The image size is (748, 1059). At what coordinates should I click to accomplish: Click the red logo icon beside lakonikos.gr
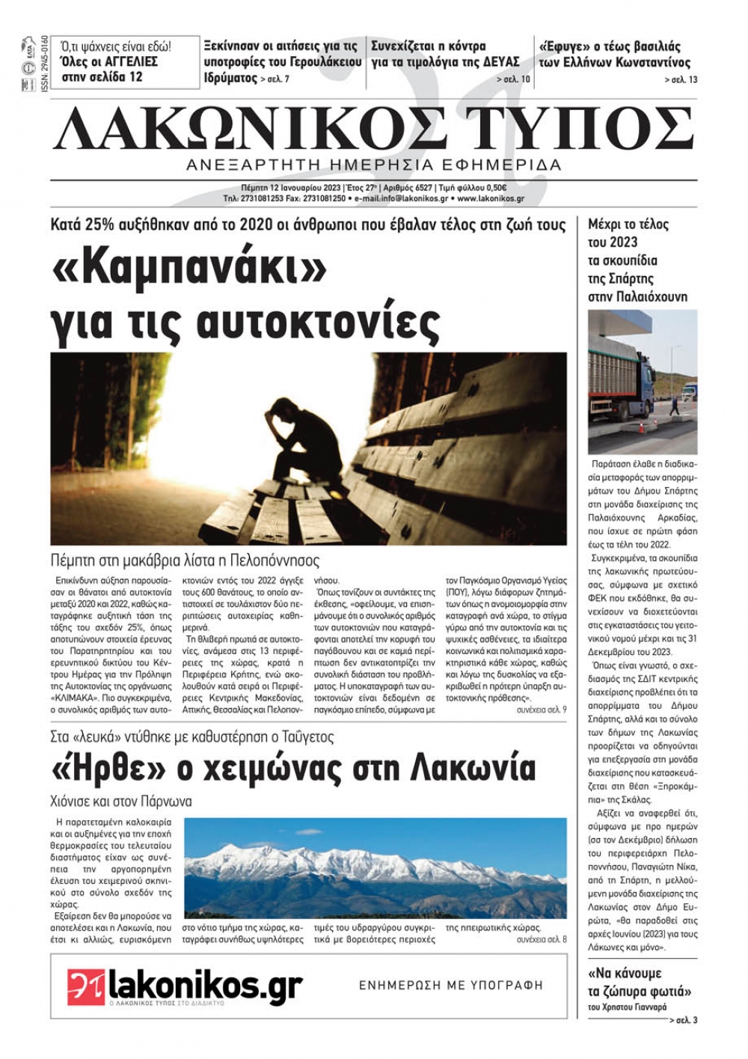pos(86,986)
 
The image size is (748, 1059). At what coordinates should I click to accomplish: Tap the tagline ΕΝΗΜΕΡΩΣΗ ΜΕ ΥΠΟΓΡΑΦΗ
pos(451,986)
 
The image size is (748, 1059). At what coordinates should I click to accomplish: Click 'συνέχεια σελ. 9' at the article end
pos(542,708)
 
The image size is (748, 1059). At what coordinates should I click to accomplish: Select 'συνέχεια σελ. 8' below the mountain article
pos(542,939)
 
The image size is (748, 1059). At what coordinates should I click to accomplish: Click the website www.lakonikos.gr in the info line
pos(491,199)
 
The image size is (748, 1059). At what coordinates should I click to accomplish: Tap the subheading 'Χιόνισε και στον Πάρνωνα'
pos(122,802)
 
